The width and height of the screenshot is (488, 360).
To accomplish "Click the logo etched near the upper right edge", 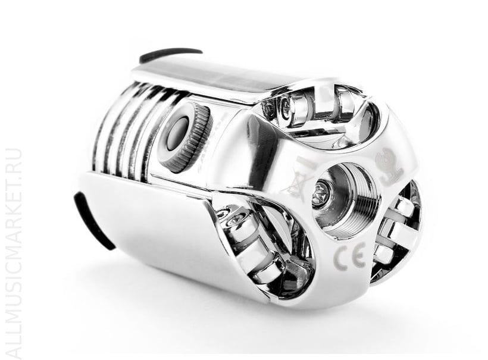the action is pos(389,167).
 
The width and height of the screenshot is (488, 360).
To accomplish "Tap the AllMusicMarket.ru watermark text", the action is pos(14,253).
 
